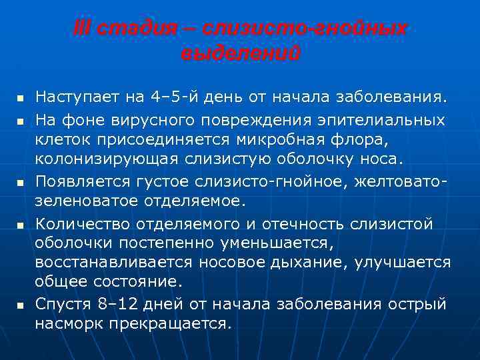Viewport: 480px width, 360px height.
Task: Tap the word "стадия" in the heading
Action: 130,29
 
